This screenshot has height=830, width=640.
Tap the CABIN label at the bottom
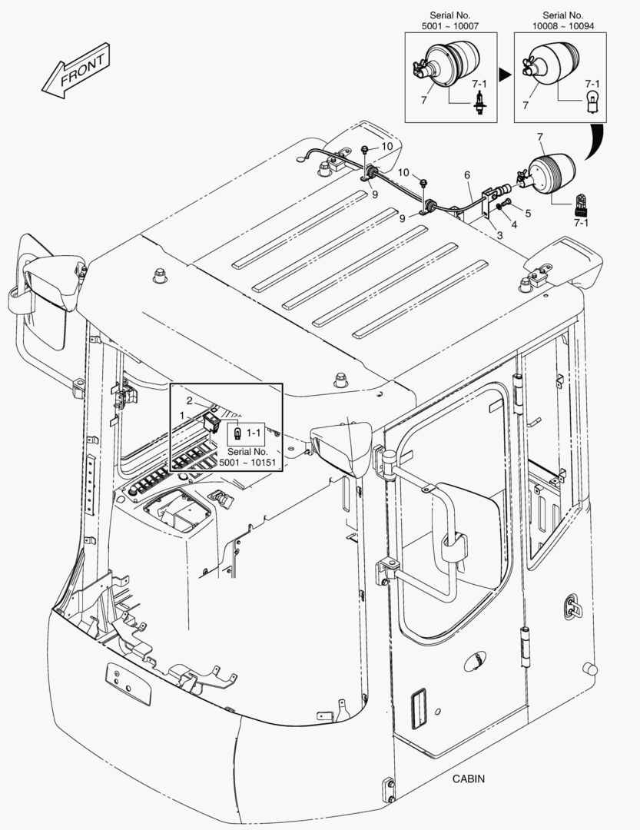(x=469, y=779)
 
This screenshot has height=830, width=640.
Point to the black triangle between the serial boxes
(x=505, y=75)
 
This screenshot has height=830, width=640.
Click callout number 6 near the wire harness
(x=466, y=175)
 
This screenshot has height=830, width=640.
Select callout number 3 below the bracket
(x=499, y=235)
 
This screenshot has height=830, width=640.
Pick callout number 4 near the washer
(x=514, y=224)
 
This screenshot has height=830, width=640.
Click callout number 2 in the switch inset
(x=190, y=400)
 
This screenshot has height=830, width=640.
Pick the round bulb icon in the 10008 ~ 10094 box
(x=592, y=101)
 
